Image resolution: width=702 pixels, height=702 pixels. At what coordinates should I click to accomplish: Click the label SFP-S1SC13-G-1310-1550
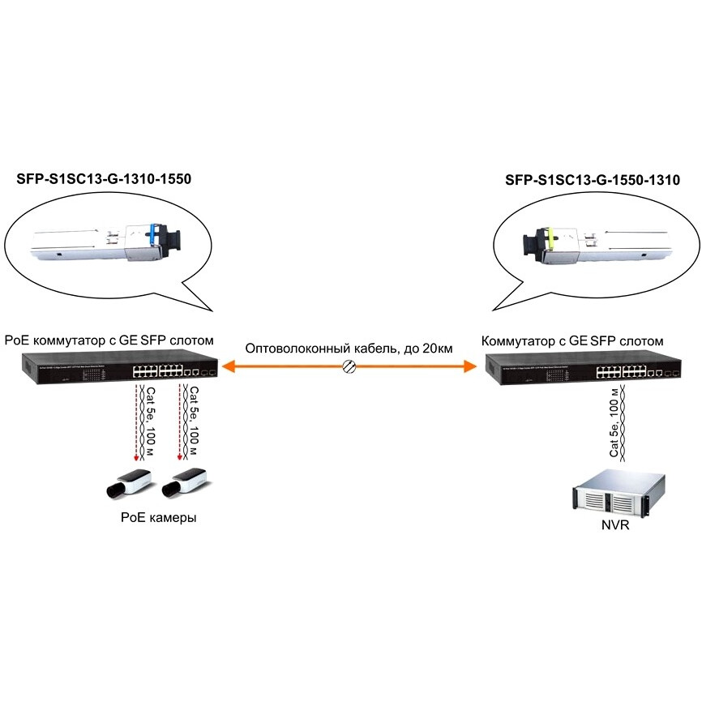coord(104,180)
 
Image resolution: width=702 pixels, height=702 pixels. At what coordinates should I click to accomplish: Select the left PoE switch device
coord(113,370)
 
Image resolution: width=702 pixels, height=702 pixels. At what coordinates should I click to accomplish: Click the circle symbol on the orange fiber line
coord(349,367)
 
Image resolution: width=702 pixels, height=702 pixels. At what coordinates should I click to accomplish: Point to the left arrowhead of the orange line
coord(228,367)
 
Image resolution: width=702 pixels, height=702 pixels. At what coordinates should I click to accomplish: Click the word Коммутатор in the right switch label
coord(516,341)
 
